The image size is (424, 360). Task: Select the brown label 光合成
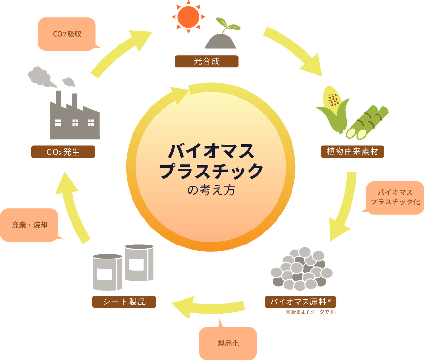pyautogui.click(x=206, y=61)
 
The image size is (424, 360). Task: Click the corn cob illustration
pyautogui.click(x=333, y=109)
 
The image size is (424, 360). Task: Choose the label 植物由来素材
pyautogui.click(x=352, y=152)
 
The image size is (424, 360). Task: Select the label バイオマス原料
pyautogui.click(x=300, y=302)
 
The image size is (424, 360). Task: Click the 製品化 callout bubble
pyautogui.click(x=228, y=344)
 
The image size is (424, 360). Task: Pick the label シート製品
pyautogui.click(x=124, y=302)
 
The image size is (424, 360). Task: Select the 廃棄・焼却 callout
pyautogui.click(x=29, y=225)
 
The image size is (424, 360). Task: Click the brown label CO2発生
pyautogui.click(x=63, y=152)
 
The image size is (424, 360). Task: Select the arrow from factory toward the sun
pyautogui.click(x=121, y=53)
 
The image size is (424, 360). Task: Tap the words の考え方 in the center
pyautogui.click(x=211, y=190)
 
